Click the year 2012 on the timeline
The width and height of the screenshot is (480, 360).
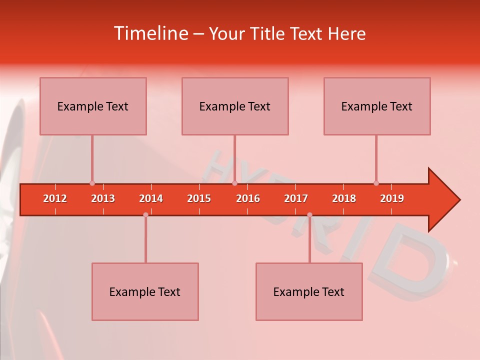click(55, 198)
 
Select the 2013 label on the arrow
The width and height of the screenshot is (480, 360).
click(103, 198)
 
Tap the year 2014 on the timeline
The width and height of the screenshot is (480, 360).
click(151, 198)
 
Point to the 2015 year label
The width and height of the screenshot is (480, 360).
click(199, 198)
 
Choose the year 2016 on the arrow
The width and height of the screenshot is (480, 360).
click(248, 198)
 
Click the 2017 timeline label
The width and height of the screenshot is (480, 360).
click(296, 198)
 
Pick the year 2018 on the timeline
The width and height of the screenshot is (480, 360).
click(344, 198)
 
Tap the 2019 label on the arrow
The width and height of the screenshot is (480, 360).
click(392, 198)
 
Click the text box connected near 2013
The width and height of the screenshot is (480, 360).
click(93, 106)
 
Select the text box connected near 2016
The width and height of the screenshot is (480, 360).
click(235, 106)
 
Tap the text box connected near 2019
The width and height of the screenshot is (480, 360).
click(377, 106)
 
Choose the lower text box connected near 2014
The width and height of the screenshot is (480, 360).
click(145, 291)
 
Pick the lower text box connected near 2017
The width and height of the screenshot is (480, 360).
click(309, 291)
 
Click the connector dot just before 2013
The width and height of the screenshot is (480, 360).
click(92, 183)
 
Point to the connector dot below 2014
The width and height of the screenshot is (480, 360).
click(145, 215)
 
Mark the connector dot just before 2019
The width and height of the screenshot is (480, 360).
click(376, 183)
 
